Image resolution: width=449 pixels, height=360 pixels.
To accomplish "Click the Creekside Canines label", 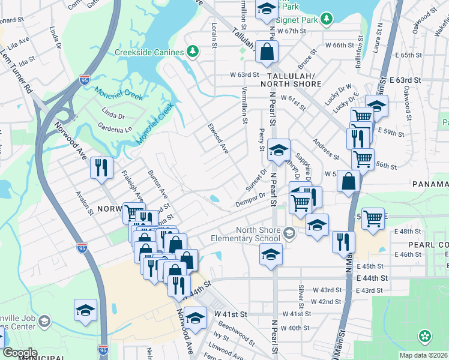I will (148, 52).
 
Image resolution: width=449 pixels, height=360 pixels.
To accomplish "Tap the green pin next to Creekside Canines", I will (193, 52).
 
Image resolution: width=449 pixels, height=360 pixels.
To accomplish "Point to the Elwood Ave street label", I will (218, 138).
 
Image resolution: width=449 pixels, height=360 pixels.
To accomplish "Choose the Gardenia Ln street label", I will (116, 128).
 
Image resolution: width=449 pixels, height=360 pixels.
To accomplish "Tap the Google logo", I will (20, 353).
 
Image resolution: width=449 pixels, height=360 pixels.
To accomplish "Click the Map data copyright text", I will (424, 355).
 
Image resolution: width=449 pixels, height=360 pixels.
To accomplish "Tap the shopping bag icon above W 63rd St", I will (266, 52).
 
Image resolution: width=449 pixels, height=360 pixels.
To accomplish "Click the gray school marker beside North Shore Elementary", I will (290, 234).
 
